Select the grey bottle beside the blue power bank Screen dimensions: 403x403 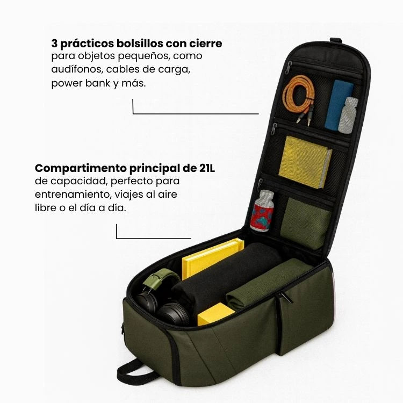348,115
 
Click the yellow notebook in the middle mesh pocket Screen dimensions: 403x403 305,162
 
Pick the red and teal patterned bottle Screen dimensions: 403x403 262,211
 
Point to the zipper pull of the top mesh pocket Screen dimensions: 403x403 288,68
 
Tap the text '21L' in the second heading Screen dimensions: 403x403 207,168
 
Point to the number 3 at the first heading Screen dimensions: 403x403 54,44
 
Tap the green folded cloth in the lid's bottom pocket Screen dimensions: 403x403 305,223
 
